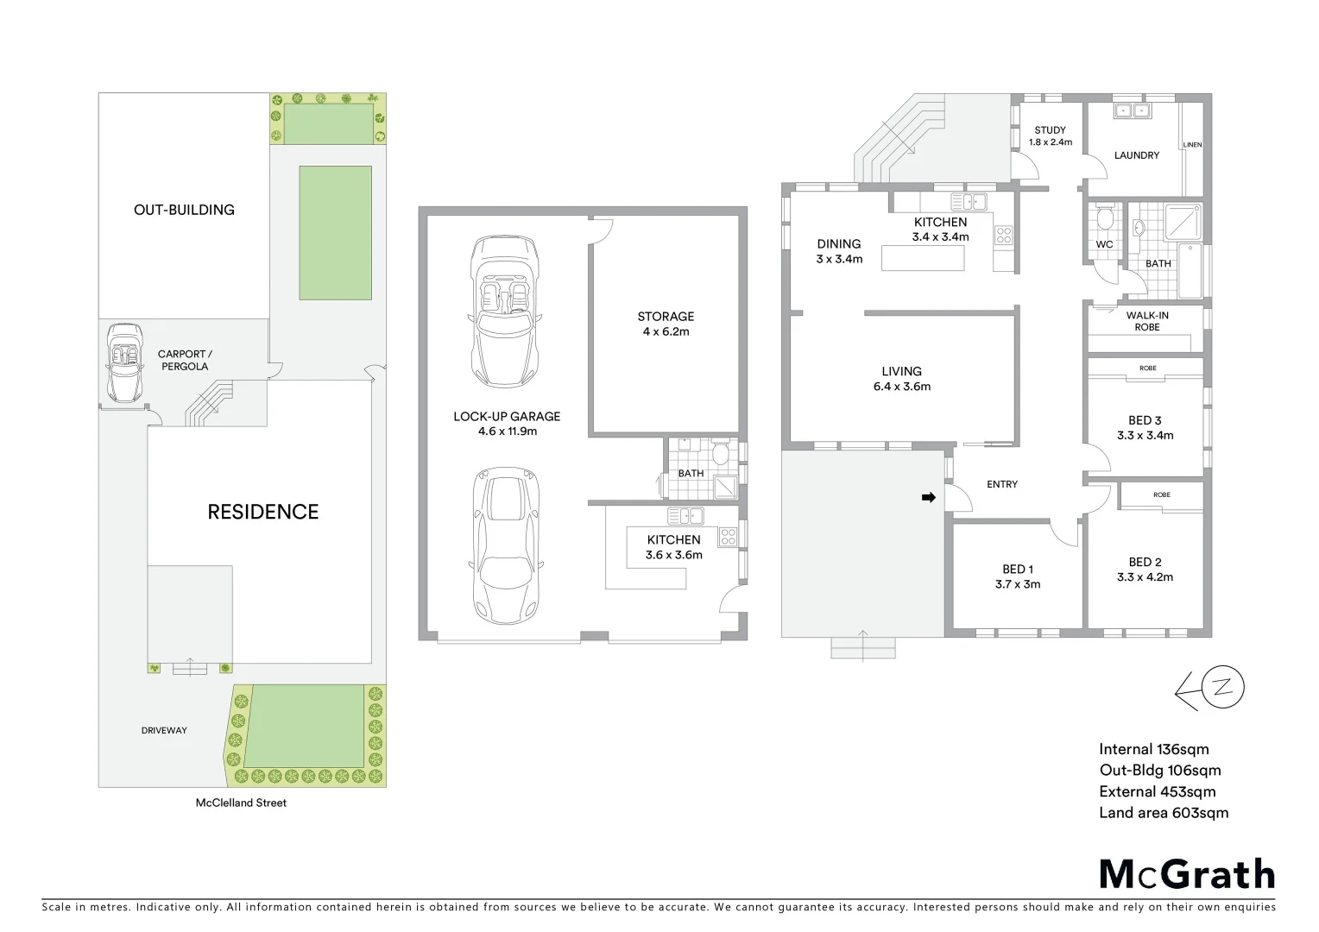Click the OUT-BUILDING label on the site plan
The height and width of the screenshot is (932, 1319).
pos(184,210)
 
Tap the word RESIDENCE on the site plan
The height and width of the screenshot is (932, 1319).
pos(263,512)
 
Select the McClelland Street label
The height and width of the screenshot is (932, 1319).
pos(241,803)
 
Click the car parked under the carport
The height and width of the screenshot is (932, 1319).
pos(124,362)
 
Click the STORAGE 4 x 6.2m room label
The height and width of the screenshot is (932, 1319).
pos(666,324)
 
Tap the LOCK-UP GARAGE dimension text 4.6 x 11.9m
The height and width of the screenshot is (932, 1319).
pos(508,431)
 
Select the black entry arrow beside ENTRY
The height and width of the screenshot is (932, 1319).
pos(929,498)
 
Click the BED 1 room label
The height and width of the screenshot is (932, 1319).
pos(1018,576)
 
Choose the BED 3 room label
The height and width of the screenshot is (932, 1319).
pos(1145,428)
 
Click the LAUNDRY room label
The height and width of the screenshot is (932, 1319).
pos(1136,155)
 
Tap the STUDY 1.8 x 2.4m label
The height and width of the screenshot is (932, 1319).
pos(1051,136)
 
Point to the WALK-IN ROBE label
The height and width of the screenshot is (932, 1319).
pos(1147,321)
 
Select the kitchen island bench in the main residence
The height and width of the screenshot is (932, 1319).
pos(922,258)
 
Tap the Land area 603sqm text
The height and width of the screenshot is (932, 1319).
pos(1163,812)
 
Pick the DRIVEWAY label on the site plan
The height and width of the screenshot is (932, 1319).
pos(164,730)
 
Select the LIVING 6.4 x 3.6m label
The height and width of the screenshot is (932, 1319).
pos(901,379)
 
